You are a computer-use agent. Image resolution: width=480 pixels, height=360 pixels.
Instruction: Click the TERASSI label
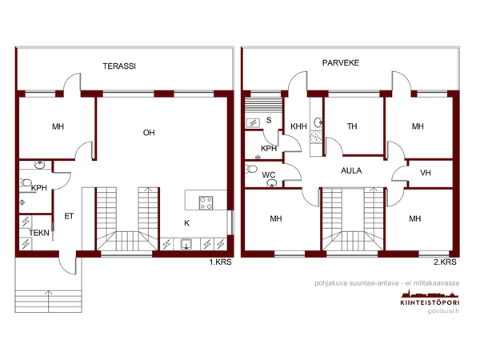(119, 66)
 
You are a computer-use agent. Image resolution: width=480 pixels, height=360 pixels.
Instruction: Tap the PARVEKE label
(341, 62)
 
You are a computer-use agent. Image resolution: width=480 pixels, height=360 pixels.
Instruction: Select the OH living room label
(149, 133)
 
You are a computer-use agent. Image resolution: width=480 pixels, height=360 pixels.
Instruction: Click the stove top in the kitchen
(206, 202)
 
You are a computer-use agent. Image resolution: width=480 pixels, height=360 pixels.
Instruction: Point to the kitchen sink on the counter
(186, 244)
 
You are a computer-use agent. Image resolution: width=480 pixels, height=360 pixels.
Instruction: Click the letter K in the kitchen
(186, 223)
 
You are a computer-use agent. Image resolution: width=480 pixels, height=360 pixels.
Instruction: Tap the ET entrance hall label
(69, 216)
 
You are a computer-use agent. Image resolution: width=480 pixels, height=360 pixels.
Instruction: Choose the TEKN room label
(39, 233)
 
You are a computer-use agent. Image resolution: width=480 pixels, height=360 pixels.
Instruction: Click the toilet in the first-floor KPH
(26, 183)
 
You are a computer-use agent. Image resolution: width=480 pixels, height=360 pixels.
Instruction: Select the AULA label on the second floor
(351, 170)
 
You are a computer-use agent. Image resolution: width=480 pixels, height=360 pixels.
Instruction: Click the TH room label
(352, 126)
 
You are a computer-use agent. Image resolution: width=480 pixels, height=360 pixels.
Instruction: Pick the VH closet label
(426, 173)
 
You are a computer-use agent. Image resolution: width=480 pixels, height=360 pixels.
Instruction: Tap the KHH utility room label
(298, 126)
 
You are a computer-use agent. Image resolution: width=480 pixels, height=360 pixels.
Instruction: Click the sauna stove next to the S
(253, 123)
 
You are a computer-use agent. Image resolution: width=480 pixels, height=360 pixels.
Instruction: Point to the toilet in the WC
(251, 169)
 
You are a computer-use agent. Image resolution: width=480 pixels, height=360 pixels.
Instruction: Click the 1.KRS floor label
(221, 262)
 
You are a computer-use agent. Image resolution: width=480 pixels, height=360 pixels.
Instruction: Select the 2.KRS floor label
(445, 262)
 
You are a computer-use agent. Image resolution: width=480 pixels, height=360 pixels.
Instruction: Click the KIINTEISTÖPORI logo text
(430, 302)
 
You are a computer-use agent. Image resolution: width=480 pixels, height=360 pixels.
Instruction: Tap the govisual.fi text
(443, 311)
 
